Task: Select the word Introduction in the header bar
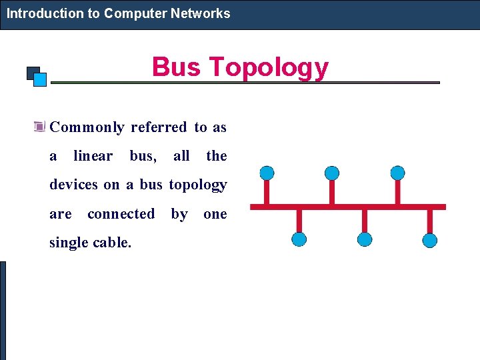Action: coord(45,13)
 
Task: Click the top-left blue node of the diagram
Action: coord(267,173)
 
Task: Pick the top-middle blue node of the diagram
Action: coord(332,173)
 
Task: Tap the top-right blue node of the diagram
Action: coord(397,173)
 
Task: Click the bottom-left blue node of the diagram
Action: coord(299,240)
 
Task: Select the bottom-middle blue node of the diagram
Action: coord(365,240)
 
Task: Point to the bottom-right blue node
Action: coord(430,240)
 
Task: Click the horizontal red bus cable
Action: coord(347,207)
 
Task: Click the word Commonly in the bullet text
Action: coord(87,127)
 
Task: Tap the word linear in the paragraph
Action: coord(93,156)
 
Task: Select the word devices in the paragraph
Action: coord(74,185)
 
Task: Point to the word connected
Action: coord(121,214)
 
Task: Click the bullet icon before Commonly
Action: coord(39,127)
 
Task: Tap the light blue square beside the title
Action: coord(40,80)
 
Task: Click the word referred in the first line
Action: coord(159,127)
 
